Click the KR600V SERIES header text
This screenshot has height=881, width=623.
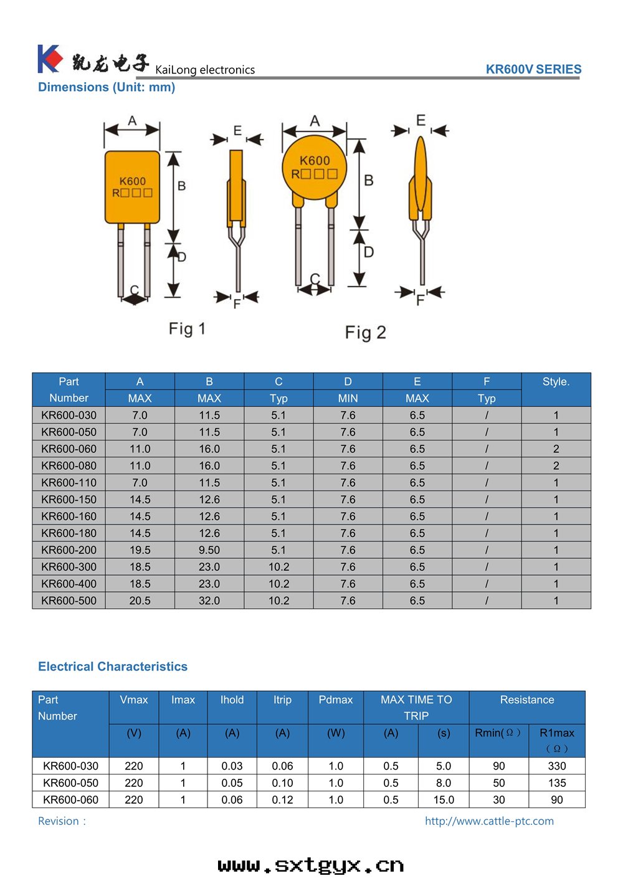point(533,69)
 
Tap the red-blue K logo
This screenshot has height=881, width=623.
point(49,59)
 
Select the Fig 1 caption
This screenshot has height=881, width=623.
point(187,328)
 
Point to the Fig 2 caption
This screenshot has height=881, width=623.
point(366,333)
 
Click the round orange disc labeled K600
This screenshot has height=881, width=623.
point(315,167)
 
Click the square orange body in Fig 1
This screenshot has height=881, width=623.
point(132,187)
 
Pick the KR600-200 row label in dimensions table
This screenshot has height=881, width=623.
point(69,550)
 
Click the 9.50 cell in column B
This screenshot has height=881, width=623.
point(209,550)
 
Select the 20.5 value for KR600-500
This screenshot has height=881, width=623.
point(140,601)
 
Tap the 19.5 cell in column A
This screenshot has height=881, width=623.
point(140,550)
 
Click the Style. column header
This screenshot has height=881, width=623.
point(556,382)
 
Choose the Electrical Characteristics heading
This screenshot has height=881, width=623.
point(113,667)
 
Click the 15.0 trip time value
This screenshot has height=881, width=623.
point(444,799)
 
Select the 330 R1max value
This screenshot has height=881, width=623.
point(557,766)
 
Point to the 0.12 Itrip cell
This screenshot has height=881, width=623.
point(282,799)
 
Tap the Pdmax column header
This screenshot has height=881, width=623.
point(335,700)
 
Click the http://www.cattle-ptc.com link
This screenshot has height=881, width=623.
point(489,821)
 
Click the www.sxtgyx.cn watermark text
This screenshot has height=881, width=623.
point(311,865)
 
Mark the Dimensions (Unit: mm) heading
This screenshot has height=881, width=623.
point(107,87)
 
